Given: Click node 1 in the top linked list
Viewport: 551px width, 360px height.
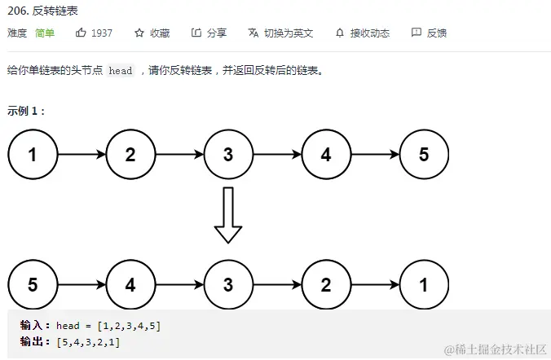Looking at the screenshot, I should [x=33, y=153].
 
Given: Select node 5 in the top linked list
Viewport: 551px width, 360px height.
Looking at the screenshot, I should [x=424, y=153].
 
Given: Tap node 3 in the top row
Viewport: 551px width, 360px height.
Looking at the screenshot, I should [x=228, y=153].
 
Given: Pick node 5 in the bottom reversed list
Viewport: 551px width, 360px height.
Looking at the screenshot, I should [x=33, y=284].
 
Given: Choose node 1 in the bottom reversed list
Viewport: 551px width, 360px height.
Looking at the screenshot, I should [x=424, y=284].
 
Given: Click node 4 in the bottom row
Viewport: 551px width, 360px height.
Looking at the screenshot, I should [x=130, y=284].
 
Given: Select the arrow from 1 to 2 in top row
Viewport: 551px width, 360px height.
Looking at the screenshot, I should [x=82, y=153].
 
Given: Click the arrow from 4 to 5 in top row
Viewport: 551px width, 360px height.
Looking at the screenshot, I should [x=375, y=153].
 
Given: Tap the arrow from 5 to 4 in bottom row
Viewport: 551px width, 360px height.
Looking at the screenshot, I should [x=82, y=284].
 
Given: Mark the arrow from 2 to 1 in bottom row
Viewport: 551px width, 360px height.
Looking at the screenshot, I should [x=375, y=284].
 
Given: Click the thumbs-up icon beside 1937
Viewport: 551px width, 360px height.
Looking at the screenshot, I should [x=81, y=33].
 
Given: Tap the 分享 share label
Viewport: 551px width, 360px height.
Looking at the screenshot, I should [x=216, y=33].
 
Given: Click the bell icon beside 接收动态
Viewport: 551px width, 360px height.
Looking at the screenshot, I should [x=340, y=33].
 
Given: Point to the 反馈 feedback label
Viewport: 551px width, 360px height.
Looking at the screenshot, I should [x=437, y=33].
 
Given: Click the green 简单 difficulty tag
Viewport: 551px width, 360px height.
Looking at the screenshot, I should [x=45, y=33].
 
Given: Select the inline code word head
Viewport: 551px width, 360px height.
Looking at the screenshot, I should [x=120, y=71].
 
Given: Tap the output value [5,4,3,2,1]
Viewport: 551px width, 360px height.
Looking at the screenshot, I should [x=87, y=342].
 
